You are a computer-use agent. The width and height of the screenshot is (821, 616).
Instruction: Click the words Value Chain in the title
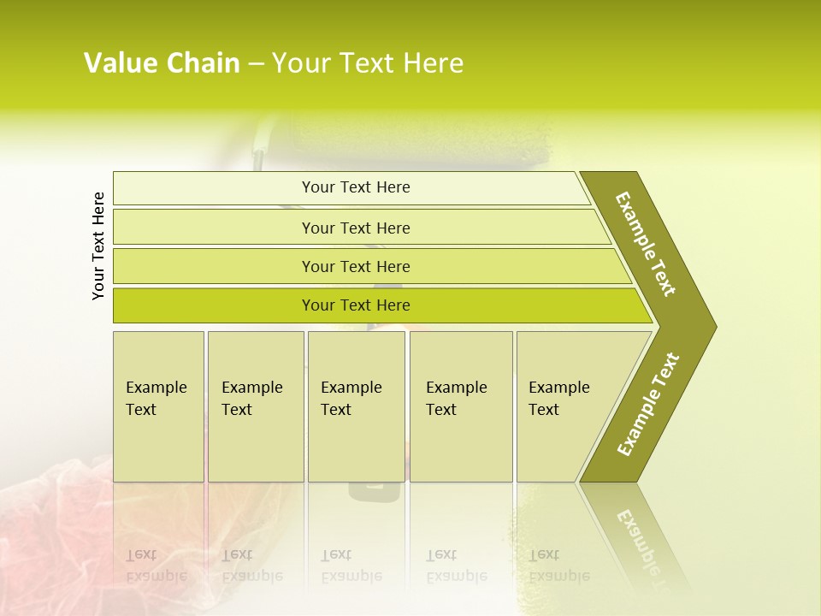pyautogui.click(x=162, y=63)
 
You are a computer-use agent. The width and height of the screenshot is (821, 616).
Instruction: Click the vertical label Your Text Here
pyautogui.click(x=98, y=246)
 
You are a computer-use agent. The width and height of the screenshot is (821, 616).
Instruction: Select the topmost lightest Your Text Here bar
pyautogui.click(x=356, y=187)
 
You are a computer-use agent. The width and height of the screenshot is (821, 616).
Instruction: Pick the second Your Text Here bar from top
pyautogui.click(x=356, y=228)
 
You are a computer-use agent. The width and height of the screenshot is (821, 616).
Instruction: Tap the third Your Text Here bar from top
pyautogui.click(x=356, y=266)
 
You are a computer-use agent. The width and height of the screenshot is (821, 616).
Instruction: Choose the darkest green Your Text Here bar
pyautogui.click(x=356, y=305)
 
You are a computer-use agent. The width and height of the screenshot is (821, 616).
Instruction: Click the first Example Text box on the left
pyautogui.click(x=158, y=406)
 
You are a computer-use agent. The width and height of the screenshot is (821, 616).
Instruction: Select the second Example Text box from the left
pyautogui.click(x=256, y=406)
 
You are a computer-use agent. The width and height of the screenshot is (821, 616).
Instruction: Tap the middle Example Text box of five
pyautogui.click(x=356, y=406)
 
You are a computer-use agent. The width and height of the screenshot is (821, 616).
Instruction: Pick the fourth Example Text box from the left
pyautogui.click(x=461, y=406)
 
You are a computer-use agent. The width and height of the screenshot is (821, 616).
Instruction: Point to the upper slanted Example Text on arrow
pyautogui.click(x=646, y=244)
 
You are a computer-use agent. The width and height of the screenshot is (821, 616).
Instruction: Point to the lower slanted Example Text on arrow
pyautogui.click(x=647, y=405)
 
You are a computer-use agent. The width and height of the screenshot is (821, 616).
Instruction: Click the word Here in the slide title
pyautogui.click(x=432, y=63)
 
